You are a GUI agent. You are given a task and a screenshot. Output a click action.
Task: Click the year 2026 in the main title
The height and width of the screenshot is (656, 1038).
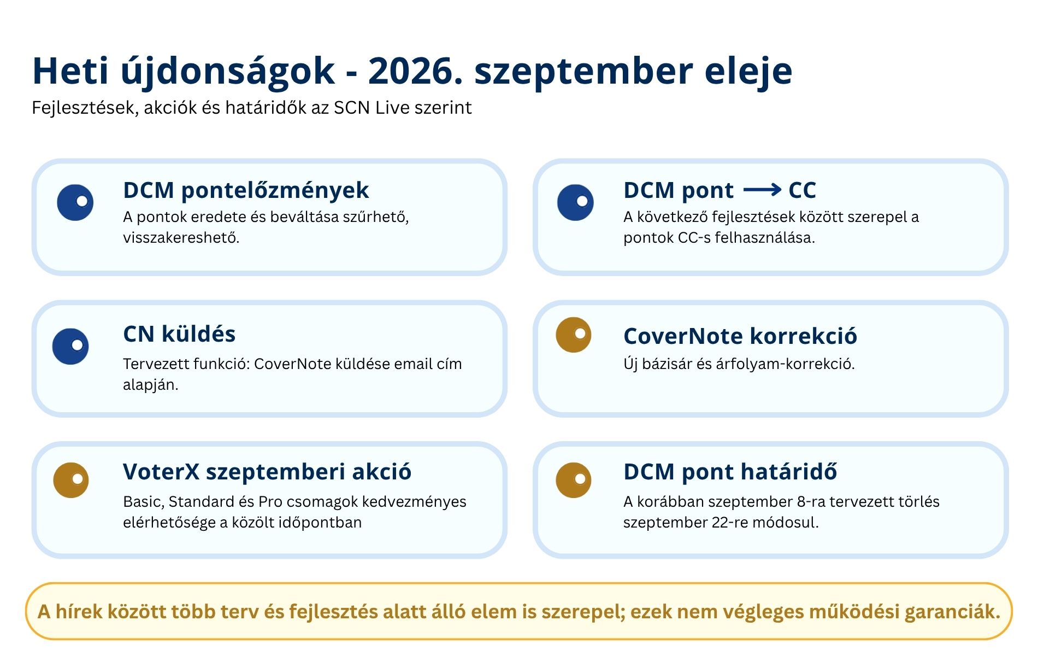coord(415,71)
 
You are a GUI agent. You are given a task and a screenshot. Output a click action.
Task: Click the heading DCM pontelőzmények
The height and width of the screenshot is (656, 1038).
coord(246,190)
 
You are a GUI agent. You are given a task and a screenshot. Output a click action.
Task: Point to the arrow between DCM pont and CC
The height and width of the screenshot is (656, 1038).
coord(762,190)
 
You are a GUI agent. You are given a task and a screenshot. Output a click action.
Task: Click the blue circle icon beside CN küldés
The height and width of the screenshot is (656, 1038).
coord(70,347)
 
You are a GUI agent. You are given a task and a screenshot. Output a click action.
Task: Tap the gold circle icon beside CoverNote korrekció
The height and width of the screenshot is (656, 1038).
coord(574,335)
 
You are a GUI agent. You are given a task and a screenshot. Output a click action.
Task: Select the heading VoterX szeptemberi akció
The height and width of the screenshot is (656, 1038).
coord(267,472)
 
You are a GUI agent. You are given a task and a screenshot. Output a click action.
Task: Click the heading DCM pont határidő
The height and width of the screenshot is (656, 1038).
coord(730,472)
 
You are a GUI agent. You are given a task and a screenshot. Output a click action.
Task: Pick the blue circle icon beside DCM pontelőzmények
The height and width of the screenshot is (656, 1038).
coord(75,202)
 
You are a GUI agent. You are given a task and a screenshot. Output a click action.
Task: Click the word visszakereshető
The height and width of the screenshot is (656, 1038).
coord(181,238)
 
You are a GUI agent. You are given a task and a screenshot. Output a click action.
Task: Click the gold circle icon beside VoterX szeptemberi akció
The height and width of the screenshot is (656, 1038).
coord(71,480)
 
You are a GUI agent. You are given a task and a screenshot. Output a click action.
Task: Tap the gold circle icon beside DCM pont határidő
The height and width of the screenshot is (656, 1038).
coord(574,480)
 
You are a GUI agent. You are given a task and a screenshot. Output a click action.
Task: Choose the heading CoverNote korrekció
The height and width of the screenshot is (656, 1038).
coord(740,336)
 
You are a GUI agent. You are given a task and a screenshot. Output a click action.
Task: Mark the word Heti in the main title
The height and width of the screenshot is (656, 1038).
coord(70,71)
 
